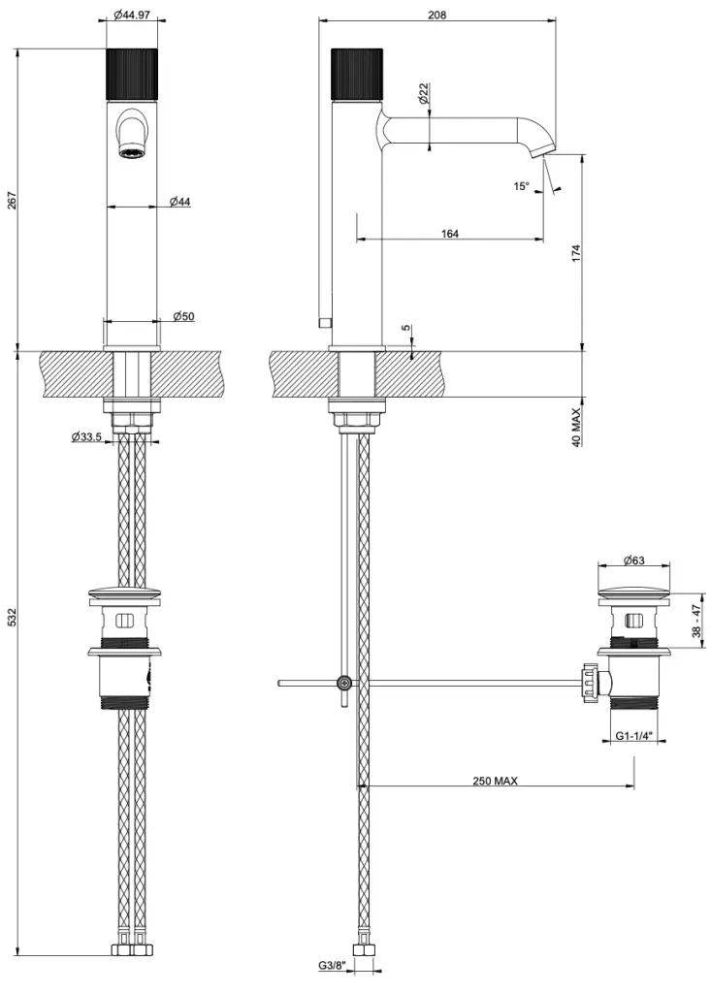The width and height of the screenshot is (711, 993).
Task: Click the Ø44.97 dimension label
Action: tap(133, 15)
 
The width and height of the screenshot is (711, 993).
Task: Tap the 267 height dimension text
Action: tap(13, 199)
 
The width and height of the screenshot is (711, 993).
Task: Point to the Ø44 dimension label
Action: tap(179, 201)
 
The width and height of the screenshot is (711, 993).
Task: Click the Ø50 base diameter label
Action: tap(183, 316)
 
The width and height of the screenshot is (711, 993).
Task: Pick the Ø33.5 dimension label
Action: tap(87, 437)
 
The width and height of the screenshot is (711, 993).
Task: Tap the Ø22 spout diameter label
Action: tap(424, 94)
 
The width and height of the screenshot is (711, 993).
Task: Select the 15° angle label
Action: tap(523, 185)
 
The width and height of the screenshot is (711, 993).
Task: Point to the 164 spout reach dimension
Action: tap(449, 234)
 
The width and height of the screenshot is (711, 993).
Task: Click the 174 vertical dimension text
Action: tap(576, 254)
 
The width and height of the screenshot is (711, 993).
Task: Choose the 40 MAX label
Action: tap(576, 427)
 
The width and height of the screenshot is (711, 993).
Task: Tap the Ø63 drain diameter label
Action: tap(634, 561)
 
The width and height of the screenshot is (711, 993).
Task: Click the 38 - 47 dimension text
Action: tap(695, 621)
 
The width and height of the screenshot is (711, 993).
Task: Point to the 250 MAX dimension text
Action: tap(495, 781)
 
